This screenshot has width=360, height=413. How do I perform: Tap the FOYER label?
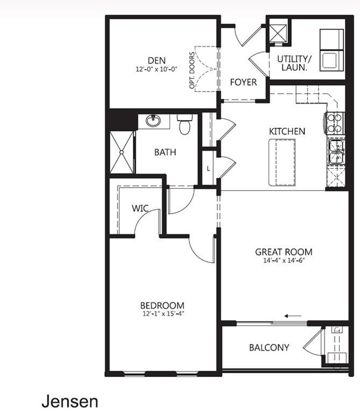[244, 82]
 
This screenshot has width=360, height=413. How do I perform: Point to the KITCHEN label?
[287, 132]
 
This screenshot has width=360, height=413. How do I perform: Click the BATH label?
[165, 152]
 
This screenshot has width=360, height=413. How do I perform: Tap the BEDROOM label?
[162, 306]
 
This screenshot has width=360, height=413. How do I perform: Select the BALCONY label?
[269, 348]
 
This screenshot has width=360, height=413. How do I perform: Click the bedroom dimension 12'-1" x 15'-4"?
[162, 314]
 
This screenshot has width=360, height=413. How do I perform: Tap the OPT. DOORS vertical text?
[192, 71]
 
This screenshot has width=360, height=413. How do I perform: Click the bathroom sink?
[153, 121]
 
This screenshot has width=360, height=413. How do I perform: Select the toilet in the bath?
[184, 125]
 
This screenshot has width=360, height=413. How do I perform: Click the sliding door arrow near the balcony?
[293, 316]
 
